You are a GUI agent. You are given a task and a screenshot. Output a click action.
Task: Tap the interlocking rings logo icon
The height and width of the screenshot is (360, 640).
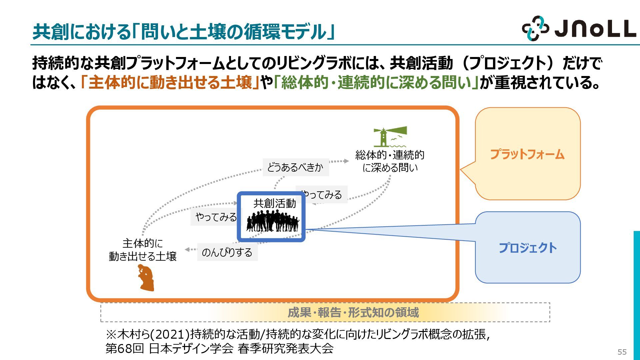point(535,28)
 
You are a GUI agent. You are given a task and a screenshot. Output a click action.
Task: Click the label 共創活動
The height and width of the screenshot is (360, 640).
point(274,203)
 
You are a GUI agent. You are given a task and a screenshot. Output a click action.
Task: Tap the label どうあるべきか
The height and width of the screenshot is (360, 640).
point(295,167)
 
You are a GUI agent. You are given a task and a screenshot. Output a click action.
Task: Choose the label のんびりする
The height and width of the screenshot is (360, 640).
point(227,252)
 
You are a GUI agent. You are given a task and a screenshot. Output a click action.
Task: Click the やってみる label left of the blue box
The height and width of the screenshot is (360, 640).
point(215,217)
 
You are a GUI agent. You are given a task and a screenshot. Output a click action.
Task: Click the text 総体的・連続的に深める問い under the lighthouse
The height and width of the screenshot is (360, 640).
point(390,161)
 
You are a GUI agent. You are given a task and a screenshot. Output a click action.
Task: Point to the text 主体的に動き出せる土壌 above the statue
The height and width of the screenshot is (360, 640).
point(142,250)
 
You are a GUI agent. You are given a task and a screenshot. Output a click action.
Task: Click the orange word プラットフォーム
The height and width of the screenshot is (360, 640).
point(527,154)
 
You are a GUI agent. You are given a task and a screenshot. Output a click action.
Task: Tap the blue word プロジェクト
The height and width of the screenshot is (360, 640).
point(528,248)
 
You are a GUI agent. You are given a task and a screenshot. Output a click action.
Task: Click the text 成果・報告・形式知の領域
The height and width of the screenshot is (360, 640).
point(353,313)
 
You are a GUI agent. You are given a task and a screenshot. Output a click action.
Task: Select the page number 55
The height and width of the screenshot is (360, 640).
point(622,352)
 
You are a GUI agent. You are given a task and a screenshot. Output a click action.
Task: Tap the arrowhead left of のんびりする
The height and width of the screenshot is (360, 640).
point(188,250)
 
